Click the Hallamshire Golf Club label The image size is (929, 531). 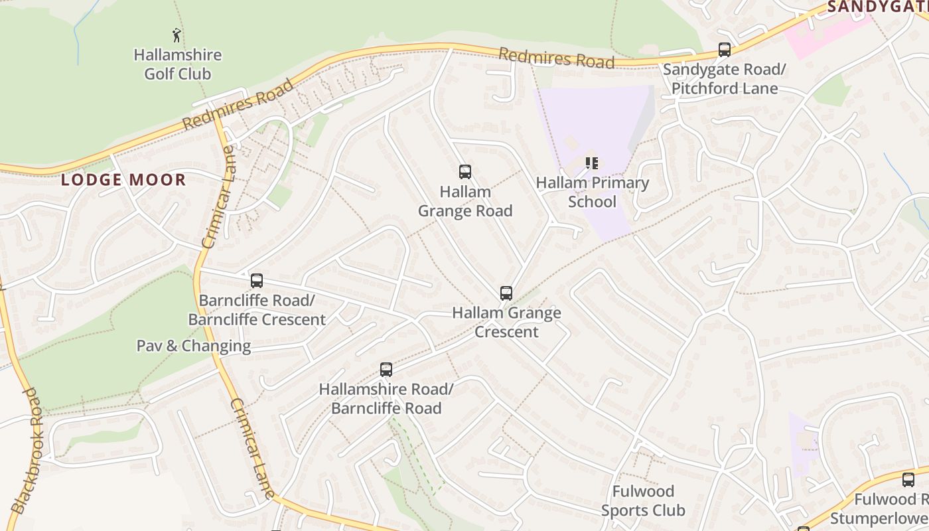pos(178,64)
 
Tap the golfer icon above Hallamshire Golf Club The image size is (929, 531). pos(177,35)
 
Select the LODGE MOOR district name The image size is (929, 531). pos(123,180)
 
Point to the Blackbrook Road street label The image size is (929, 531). pos(27,451)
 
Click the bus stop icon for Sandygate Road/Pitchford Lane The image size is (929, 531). pos(725,50)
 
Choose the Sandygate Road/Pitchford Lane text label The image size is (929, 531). pos(724,79)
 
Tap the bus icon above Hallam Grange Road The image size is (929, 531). pos(465,172)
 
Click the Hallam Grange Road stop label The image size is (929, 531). pos(465,201)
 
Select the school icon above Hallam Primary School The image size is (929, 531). pos(592,163)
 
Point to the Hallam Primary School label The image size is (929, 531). pos(592,192)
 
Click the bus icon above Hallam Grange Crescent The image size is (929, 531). pos(506,293)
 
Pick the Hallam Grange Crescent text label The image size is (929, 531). pos(506,322)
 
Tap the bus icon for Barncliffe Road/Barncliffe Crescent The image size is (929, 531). pos(257,281)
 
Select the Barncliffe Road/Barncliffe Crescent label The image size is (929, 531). pos(257,310)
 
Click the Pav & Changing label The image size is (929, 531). pos(194,346)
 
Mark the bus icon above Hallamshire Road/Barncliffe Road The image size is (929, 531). pos(386,370)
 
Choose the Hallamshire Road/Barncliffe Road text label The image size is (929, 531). pos(386,399)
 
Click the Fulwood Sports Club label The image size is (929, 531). pos(643,501)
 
